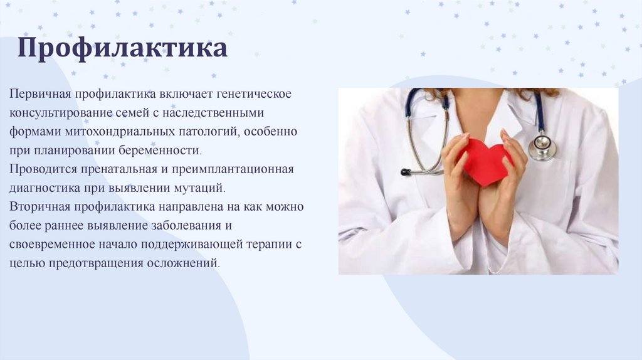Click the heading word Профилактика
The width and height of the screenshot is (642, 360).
pos(122,48)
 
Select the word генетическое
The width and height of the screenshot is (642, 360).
pos(253,94)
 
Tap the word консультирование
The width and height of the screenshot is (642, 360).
pos(61,113)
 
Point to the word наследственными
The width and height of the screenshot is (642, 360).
pos(213,113)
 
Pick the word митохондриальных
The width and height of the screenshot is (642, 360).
pos(120,132)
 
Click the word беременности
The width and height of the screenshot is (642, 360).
pos(160,151)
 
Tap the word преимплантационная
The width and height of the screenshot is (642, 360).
pos(233,169)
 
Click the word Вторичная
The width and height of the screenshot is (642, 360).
pos(39,206)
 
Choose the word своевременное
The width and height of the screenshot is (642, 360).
pos(52,244)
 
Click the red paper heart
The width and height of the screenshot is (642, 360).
pos(485,161)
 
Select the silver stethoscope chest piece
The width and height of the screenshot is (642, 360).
pos(542,147)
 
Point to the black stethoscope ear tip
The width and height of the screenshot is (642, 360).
pos(406,172)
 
